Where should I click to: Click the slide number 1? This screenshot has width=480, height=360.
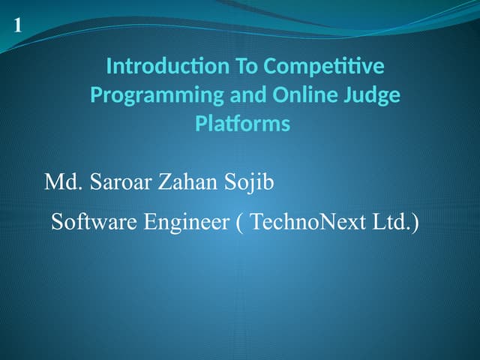coord(17,25)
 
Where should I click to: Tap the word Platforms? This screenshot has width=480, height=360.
coord(242,124)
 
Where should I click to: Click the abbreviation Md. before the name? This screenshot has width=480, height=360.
coord(63,182)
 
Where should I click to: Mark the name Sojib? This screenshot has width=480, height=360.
coord(250,182)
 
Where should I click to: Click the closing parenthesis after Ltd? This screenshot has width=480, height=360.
coord(415,223)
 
